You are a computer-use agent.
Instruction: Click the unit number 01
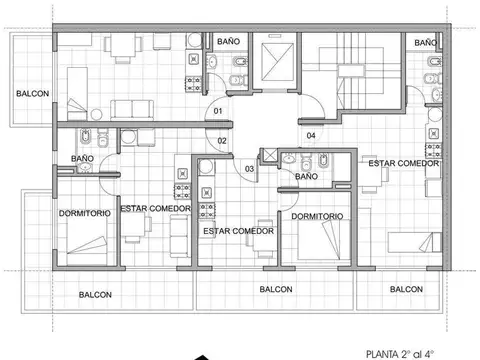(217, 111)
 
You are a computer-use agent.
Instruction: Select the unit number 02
(222, 141)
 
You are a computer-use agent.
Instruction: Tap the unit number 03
(249, 168)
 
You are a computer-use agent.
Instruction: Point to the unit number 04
(311, 135)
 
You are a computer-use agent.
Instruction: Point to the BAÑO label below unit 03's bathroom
(307, 177)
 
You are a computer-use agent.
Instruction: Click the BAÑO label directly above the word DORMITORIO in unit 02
(83, 158)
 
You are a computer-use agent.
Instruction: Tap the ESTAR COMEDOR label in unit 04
(403, 162)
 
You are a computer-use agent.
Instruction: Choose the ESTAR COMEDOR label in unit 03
(238, 231)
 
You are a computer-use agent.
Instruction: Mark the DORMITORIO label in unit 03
(318, 216)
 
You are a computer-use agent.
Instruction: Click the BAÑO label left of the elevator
(228, 41)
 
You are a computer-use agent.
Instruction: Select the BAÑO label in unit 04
(425, 43)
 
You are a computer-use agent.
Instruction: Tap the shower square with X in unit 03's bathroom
(267, 156)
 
